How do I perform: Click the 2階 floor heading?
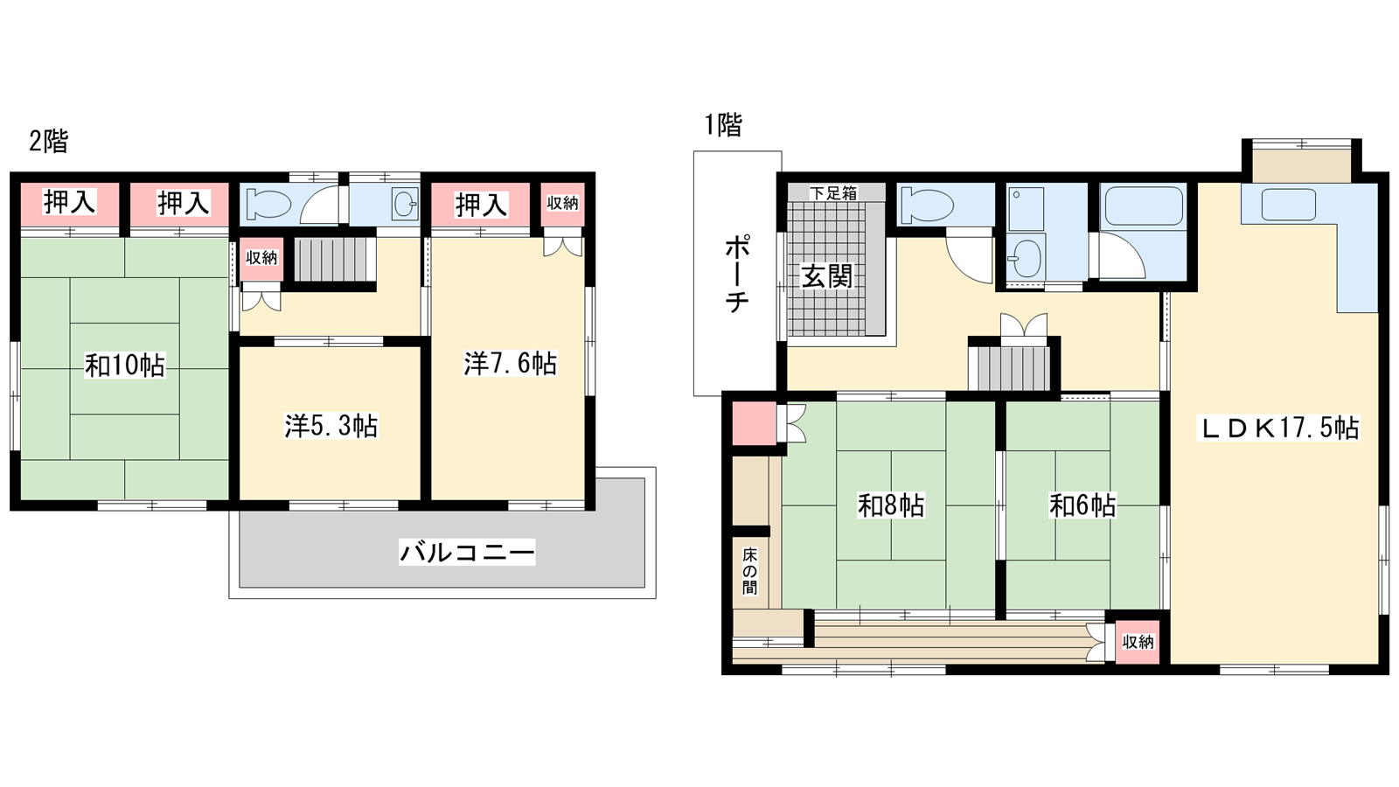click(49, 142)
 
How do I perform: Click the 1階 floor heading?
click(723, 125)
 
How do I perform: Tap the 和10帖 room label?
click(125, 366)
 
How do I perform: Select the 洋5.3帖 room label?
click(331, 426)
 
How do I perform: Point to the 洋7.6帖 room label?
click(511, 364)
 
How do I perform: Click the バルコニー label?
click(467, 552)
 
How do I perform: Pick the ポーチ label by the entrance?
click(737, 274)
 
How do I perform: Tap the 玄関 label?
click(827, 276)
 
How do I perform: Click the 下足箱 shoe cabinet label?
click(834, 193)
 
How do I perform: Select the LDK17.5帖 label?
click(1278, 428)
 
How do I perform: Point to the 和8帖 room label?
click(891, 506)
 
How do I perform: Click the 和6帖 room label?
click(1083, 506)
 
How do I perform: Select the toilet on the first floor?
click(926, 205)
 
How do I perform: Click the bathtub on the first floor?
click(1145, 206)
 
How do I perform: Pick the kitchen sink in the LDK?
click(1289, 205)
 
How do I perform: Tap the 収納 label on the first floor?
click(1138, 642)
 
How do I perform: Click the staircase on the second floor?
click(333, 259)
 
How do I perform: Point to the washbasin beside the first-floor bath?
click(1027, 259)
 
